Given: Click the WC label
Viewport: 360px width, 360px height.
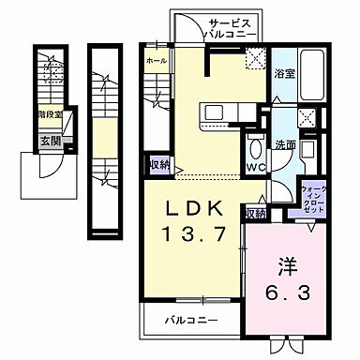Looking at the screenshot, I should [x=253, y=169].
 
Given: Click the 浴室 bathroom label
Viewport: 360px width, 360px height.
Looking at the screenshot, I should [x=284, y=71].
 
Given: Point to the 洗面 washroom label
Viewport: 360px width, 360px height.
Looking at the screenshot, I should [x=286, y=146].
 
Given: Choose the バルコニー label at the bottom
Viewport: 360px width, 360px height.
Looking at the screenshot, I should [x=190, y=321].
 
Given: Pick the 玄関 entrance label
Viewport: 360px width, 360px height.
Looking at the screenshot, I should [x=51, y=142].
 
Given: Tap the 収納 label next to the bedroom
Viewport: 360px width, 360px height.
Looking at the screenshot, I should [x=255, y=214].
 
